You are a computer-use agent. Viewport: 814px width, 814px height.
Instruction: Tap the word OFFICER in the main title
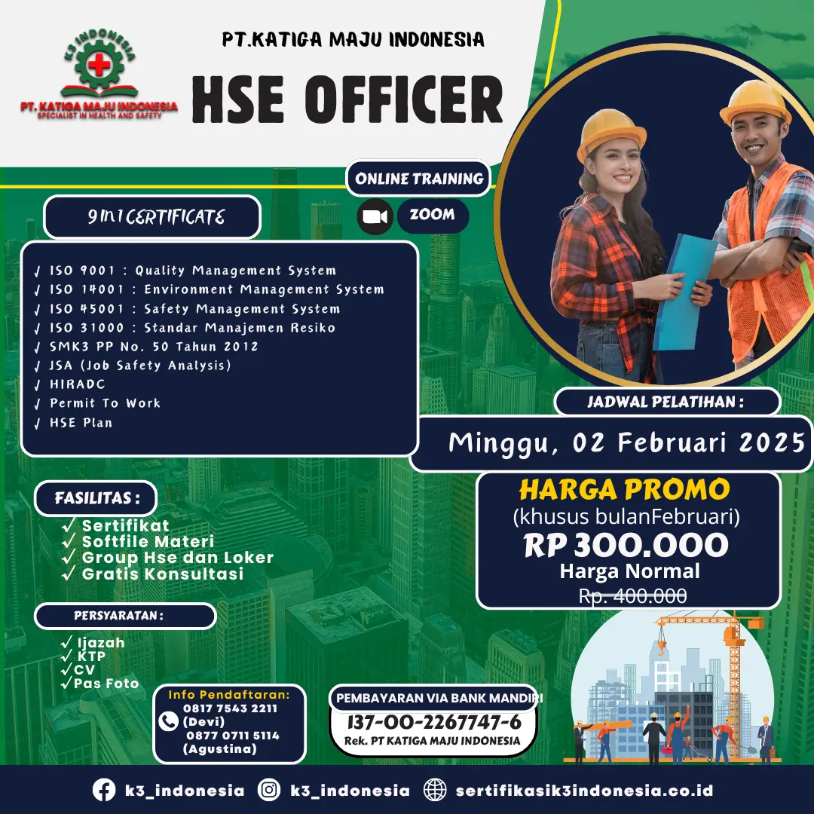pyautogui.click(x=404, y=100)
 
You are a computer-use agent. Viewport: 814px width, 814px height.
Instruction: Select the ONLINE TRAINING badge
pyautogui.click(x=418, y=179)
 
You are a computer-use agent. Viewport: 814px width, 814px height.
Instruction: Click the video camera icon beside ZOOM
pyautogui.click(x=375, y=216)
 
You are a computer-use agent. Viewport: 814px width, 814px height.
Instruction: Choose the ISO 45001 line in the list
pyautogui.click(x=188, y=309)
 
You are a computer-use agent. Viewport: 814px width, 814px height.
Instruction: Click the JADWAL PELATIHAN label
pyautogui.click(x=666, y=402)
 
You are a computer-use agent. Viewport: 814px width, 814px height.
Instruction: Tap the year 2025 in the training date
pyautogui.click(x=772, y=442)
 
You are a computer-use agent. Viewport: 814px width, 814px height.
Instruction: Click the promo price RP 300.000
pyautogui.click(x=626, y=545)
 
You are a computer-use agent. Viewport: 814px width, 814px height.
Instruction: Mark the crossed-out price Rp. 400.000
pyautogui.click(x=633, y=595)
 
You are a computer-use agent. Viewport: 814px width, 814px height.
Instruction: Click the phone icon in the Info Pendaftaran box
pyautogui.click(x=168, y=721)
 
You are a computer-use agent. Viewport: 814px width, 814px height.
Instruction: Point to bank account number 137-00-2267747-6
pyautogui.click(x=434, y=721)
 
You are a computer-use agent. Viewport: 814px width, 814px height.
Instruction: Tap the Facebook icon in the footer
pyautogui.click(x=104, y=790)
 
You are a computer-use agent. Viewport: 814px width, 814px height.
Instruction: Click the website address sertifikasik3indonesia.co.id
pyautogui.click(x=584, y=791)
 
